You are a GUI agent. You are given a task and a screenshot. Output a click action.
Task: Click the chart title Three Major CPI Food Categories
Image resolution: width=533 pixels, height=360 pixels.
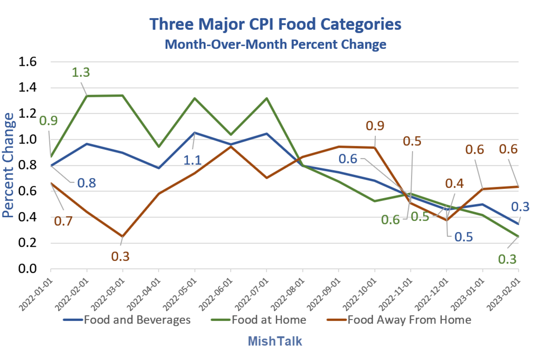tap(275, 24)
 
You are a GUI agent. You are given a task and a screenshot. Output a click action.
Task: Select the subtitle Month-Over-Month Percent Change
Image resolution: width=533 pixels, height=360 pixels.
tap(275, 44)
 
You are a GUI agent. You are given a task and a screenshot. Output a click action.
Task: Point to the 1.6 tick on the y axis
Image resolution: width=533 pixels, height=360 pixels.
tap(27, 62)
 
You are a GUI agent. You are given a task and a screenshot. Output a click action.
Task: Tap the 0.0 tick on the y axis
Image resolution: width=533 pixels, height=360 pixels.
tap(27, 269)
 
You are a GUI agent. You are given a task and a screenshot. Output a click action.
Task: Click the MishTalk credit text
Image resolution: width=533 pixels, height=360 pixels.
tap(275, 341)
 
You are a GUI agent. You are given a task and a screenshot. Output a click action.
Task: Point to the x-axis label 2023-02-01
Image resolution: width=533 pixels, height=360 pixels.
tap(506, 291)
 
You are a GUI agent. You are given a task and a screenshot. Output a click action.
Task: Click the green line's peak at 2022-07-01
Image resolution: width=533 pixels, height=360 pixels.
tap(266, 98)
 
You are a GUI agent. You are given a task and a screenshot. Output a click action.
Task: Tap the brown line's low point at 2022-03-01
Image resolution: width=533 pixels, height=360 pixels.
tap(123, 236)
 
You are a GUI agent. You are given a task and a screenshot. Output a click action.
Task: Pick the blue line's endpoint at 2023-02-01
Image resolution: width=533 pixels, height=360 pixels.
tap(518, 224)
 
